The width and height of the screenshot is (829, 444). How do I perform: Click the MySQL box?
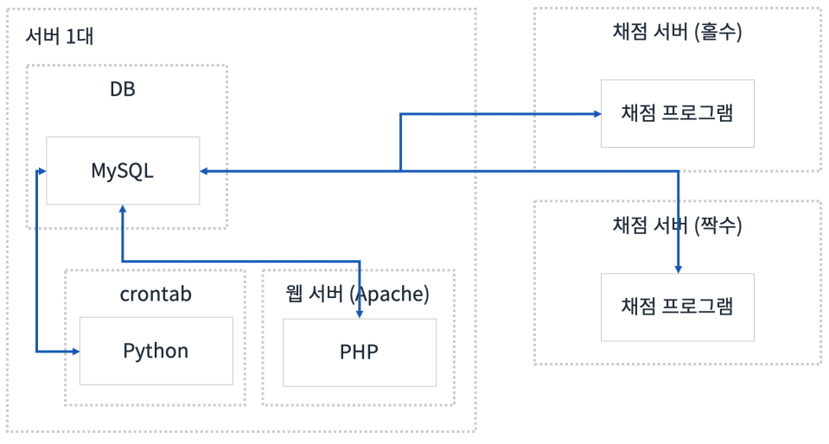[x=122, y=170]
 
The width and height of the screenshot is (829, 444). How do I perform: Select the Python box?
[x=156, y=351]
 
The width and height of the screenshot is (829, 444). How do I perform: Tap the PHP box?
[x=359, y=352]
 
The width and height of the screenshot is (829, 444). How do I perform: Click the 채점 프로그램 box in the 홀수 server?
[x=677, y=113]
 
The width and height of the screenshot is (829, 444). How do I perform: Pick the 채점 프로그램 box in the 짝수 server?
[x=677, y=307]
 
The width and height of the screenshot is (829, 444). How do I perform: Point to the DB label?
[x=123, y=89]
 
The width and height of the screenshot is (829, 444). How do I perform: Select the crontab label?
[x=156, y=294]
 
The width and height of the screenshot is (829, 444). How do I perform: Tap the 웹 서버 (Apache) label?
[x=357, y=294]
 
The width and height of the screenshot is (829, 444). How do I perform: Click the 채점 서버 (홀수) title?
[x=677, y=33]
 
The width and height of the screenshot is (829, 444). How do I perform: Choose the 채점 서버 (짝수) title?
[x=677, y=226]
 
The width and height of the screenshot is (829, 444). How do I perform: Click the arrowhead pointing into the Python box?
[x=75, y=352]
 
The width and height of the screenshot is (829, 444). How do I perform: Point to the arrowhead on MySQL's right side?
[x=205, y=171]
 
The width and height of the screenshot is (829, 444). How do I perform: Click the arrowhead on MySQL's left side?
[x=41, y=171]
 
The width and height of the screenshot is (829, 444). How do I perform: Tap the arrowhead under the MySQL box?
[x=123, y=210]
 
